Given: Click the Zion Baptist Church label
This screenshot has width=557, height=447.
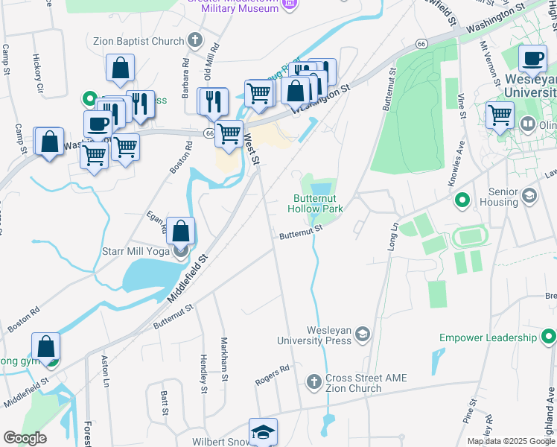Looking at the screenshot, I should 139,41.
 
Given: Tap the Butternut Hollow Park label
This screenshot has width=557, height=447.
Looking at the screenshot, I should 318,204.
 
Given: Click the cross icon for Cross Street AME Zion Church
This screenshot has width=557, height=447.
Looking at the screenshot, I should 313,382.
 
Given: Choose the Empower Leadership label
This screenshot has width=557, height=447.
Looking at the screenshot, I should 488,337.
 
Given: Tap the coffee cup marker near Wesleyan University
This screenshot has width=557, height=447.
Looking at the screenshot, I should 532,59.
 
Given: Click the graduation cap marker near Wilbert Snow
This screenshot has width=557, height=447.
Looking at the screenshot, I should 263,433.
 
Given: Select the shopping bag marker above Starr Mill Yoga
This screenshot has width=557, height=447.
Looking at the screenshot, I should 181,231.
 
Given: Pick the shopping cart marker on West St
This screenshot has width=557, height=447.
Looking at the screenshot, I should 229,134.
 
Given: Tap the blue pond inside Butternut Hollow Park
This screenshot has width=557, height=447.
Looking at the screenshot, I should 321,188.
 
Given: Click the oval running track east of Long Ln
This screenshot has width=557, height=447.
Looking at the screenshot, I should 470,238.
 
